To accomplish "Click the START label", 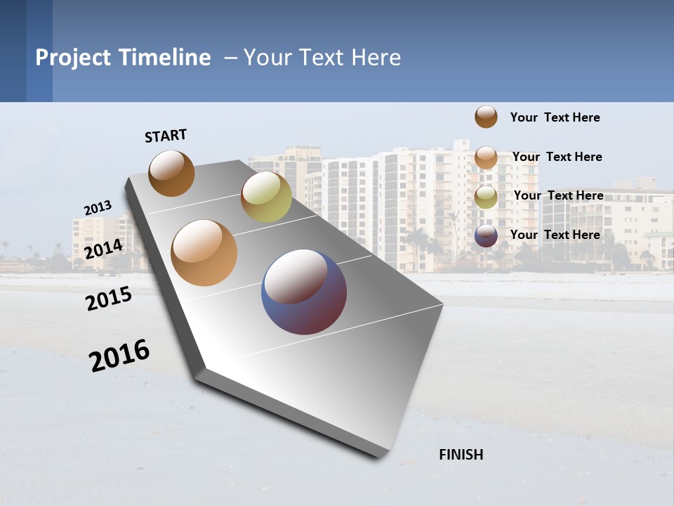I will (166, 136).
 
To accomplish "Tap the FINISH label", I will (461, 455).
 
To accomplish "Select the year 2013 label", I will (98, 208).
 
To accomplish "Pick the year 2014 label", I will (103, 249).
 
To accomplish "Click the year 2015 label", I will (109, 299).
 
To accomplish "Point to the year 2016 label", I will (119, 356).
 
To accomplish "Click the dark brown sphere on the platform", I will (172, 173).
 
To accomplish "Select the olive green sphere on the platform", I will (266, 197).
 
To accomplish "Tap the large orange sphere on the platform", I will (204, 253).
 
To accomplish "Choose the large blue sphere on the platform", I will (304, 292).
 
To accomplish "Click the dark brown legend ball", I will (486, 117).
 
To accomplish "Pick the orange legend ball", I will (486, 157).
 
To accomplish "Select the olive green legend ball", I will (486, 196).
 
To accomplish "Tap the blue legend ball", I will (486, 235).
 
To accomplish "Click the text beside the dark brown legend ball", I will (555, 117).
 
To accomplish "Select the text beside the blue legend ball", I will (555, 235).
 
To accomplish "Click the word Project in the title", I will (74, 58).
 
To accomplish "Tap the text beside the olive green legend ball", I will (558, 195).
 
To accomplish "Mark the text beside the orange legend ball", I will (557, 157).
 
